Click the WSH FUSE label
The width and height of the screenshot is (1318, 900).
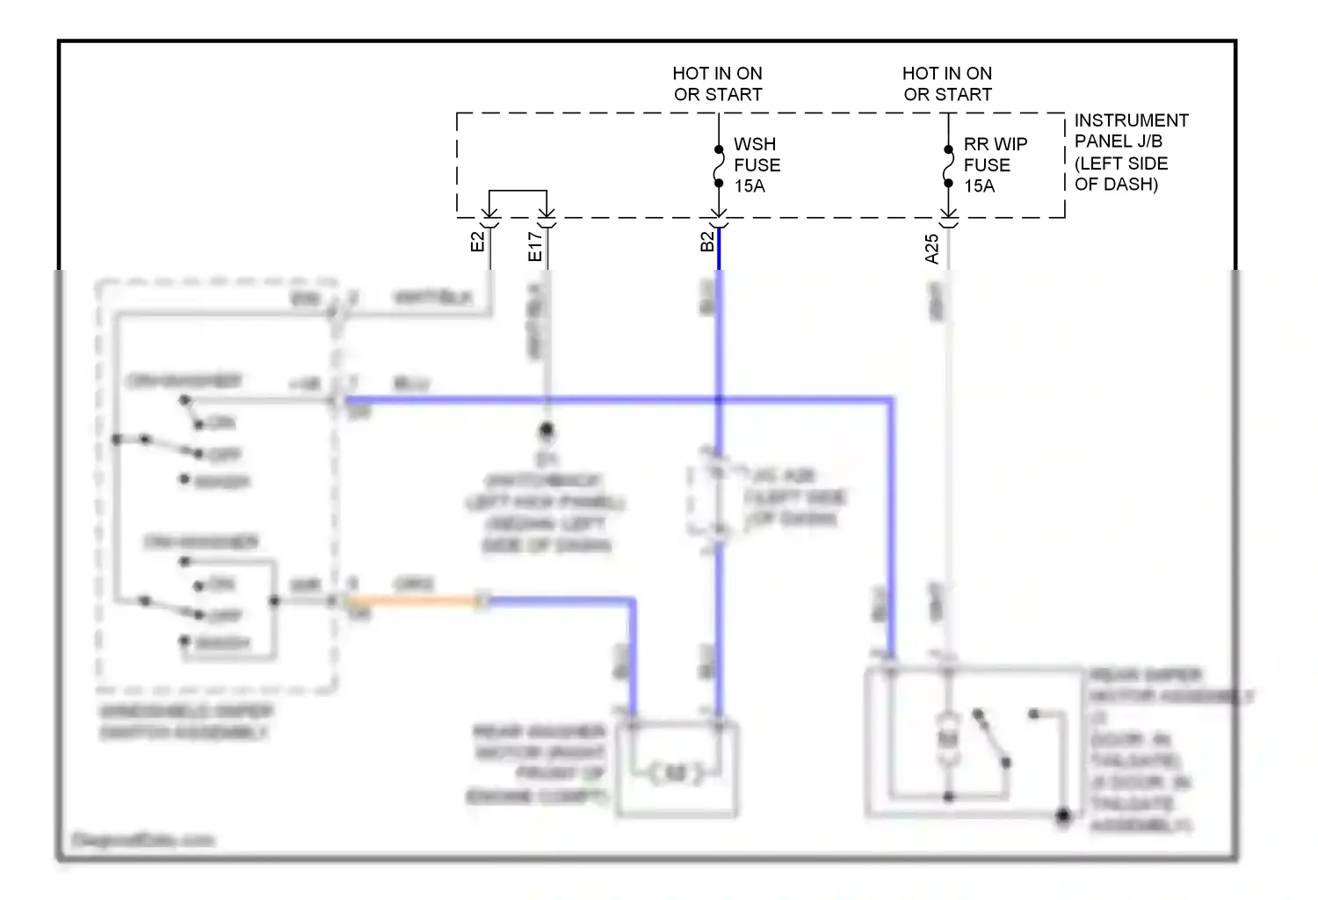pyautogui.click(x=757, y=155)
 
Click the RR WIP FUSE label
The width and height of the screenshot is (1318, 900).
pyautogui.click(x=995, y=155)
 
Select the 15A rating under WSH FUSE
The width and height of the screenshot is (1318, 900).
pyautogui.click(x=750, y=186)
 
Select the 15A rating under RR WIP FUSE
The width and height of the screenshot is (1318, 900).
pyautogui.click(x=979, y=186)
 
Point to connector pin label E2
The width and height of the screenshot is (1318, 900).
pyautogui.click(x=478, y=242)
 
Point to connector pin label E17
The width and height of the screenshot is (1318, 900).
pyautogui.click(x=535, y=247)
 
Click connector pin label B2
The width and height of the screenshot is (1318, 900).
pyautogui.click(x=707, y=242)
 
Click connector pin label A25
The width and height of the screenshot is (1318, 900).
pyautogui.click(x=932, y=249)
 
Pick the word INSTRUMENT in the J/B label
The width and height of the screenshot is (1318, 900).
pyautogui.click(x=1131, y=120)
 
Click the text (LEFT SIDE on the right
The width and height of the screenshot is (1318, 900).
pyautogui.click(x=1121, y=163)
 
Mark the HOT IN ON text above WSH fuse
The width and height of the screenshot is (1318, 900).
pyautogui.click(x=717, y=74)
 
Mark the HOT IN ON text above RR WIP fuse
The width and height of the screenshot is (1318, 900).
pyautogui.click(x=946, y=74)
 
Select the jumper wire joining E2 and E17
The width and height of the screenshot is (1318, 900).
pyautogui.click(x=518, y=192)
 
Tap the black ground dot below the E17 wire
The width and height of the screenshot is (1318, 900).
pyautogui.click(x=547, y=431)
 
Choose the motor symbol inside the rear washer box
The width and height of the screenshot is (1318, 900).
pyautogui.click(x=675, y=773)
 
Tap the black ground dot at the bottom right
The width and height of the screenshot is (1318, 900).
pyautogui.click(x=1062, y=817)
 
